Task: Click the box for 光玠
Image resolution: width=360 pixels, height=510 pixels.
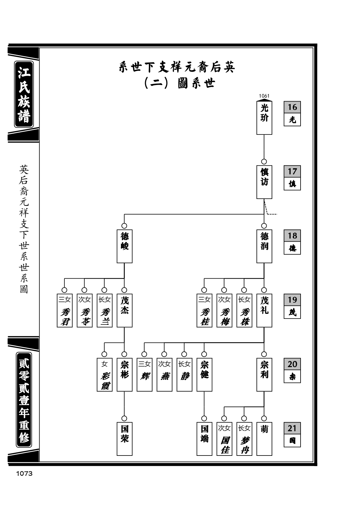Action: [x=264, y=118]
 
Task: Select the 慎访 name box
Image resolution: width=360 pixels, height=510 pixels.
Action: [x=264, y=182]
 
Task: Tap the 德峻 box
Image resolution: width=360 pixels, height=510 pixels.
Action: [x=124, y=246]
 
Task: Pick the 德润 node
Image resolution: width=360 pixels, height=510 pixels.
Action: [x=264, y=246]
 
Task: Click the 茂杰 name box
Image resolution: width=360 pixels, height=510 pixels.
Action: [x=124, y=310]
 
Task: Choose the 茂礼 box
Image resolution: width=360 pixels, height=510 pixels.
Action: [x=264, y=310]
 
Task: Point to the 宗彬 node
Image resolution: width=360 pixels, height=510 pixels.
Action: [x=124, y=375]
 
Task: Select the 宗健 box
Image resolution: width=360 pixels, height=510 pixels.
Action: [x=204, y=375]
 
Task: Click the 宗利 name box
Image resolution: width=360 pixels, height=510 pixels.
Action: [x=264, y=375]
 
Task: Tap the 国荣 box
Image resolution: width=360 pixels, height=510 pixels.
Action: [x=124, y=439]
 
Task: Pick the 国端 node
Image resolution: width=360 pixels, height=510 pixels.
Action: [x=204, y=439]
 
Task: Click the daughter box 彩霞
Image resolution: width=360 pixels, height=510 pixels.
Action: [x=105, y=375]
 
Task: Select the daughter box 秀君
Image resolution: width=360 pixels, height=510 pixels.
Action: [x=65, y=310]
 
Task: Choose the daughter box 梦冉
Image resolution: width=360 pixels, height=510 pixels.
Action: [x=244, y=439]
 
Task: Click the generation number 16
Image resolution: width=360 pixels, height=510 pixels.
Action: [x=292, y=107]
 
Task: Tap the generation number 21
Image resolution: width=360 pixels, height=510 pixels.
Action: [x=292, y=428]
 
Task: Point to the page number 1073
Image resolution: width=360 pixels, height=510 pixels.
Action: [x=24, y=474]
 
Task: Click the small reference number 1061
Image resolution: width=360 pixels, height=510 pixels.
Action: [x=264, y=96]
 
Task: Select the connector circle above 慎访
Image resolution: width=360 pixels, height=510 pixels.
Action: [x=264, y=162]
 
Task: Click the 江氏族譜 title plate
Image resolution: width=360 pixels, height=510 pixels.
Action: [x=24, y=94]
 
